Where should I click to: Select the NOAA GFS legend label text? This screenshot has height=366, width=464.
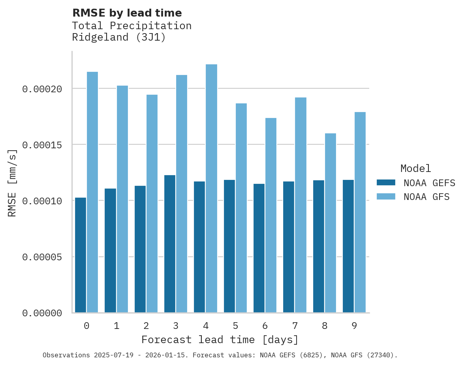(426, 196)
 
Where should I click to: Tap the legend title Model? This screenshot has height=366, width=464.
(415, 168)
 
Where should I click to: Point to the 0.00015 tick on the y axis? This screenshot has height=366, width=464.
(42, 145)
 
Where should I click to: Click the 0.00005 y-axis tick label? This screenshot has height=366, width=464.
(42, 257)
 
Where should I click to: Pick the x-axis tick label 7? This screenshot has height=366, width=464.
(295, 326)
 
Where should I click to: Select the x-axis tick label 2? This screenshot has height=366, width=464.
(146, 326)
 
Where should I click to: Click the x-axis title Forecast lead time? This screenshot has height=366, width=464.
(220, 340)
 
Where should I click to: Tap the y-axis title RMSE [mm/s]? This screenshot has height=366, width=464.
(12, 183)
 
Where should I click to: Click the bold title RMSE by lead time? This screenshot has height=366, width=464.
(127, 13)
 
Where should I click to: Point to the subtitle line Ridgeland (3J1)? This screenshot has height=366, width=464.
(119, 37)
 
